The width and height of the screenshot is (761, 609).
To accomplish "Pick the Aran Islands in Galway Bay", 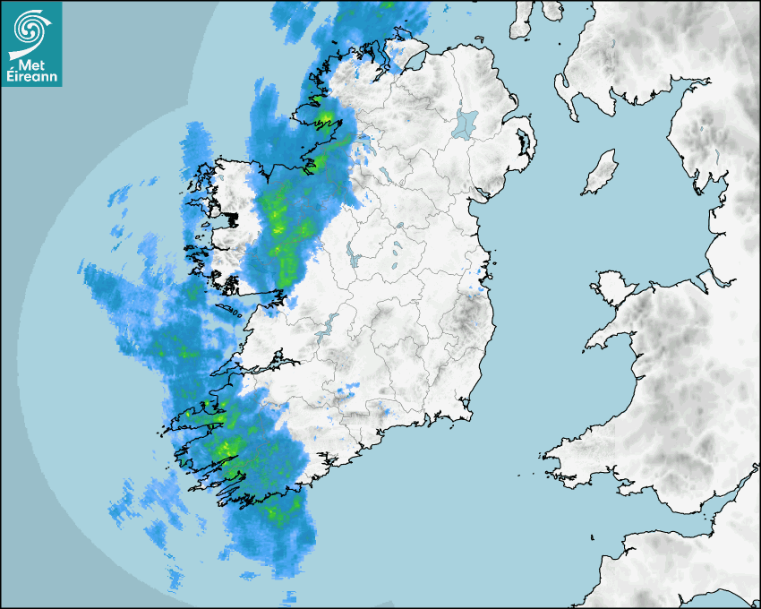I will click(x=230, y=310).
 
